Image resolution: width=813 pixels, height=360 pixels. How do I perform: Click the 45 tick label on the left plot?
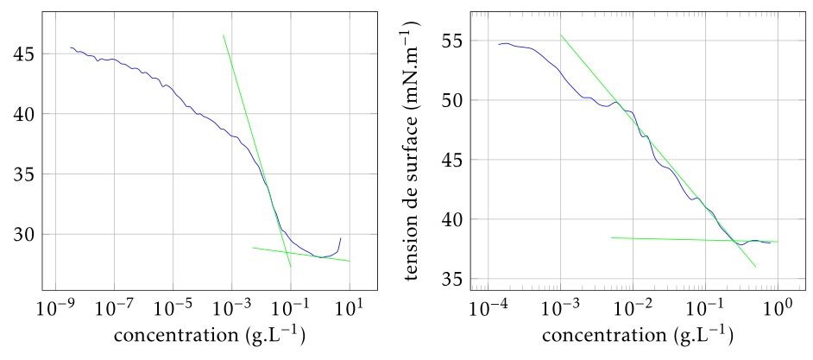19,54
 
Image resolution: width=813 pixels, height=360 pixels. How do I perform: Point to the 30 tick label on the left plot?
19,234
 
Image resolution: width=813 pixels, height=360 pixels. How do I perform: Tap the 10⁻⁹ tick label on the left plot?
57,308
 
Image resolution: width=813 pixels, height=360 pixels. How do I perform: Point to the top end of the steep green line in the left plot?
223,35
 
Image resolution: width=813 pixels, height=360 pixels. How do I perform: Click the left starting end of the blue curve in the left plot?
70,47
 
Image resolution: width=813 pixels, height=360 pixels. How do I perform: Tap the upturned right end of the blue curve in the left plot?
341,237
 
